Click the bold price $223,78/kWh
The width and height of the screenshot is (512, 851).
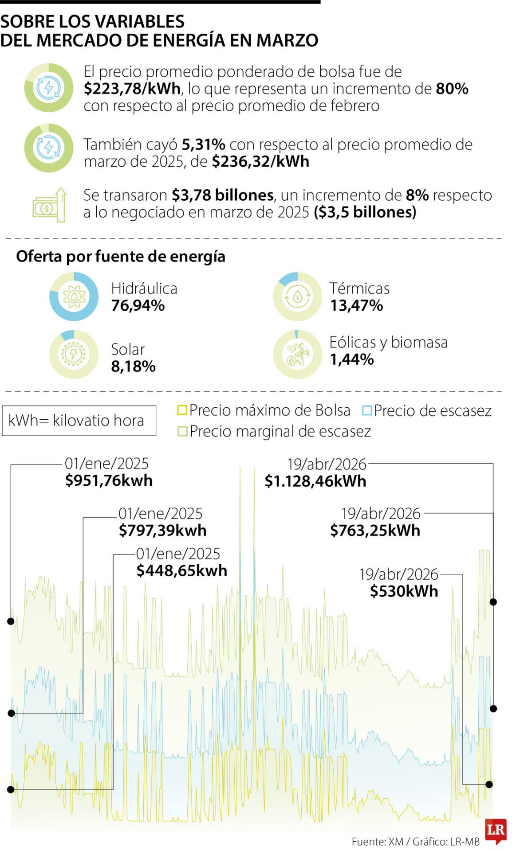(132, 89)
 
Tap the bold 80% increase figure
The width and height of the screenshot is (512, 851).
(452, 89)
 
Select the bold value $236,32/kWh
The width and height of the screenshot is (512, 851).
(260, 161)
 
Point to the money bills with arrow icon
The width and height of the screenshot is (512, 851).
(49, 205)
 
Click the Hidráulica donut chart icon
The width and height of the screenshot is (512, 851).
(74, 297)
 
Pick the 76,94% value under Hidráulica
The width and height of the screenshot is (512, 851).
(138, 305)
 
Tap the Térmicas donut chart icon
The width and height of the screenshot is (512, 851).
(297, 297)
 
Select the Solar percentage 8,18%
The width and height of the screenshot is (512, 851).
(133, 367)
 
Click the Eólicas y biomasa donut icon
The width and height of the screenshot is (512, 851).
(297, 355)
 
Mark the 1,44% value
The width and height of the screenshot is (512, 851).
(352, 359)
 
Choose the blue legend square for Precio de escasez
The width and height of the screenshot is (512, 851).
(366, 410)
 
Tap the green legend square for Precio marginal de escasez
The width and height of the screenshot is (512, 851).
(182, 431)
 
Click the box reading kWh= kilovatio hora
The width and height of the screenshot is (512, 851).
(79, 420)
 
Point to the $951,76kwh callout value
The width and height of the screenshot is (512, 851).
(109, 480)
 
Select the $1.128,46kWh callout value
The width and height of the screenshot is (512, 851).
(315, 481)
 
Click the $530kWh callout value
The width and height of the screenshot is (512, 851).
(404, 591)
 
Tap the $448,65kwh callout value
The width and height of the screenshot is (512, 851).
(181, 570)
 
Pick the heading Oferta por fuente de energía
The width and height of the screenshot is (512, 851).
(121, 256)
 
